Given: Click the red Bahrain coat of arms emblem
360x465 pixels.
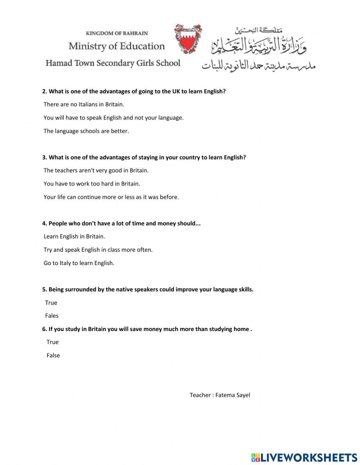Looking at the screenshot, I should coord(188,40).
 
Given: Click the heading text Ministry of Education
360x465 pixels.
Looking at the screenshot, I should coord(117,46).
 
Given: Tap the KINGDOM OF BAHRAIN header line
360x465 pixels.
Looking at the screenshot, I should coord(117,33).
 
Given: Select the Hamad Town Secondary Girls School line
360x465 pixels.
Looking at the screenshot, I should coord(113,63).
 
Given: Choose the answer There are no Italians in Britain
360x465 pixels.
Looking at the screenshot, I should coord(84,104).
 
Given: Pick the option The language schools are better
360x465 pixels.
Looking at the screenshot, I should coord(86,131).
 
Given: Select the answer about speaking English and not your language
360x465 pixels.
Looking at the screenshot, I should coord(113,118).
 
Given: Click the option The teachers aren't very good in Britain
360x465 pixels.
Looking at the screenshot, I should coord(96,170).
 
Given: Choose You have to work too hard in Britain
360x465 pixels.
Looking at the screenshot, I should coord(92,184).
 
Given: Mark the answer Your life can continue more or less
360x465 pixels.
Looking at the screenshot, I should coord(111,197).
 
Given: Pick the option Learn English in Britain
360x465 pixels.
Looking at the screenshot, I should coord(74,237).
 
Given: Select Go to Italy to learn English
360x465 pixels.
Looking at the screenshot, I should coord(79,263).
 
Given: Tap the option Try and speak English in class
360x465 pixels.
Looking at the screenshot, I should coord(98,250).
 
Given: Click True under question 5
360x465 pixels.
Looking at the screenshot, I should coord(51,303).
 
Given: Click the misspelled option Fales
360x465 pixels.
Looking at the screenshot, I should coord(51,316).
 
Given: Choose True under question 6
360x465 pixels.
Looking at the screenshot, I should coord(53,342).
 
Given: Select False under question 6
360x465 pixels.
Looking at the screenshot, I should coord(53,356).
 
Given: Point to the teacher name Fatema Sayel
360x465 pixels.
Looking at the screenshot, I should coord(233,395).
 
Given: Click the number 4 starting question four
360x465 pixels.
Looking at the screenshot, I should coord(44,223).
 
